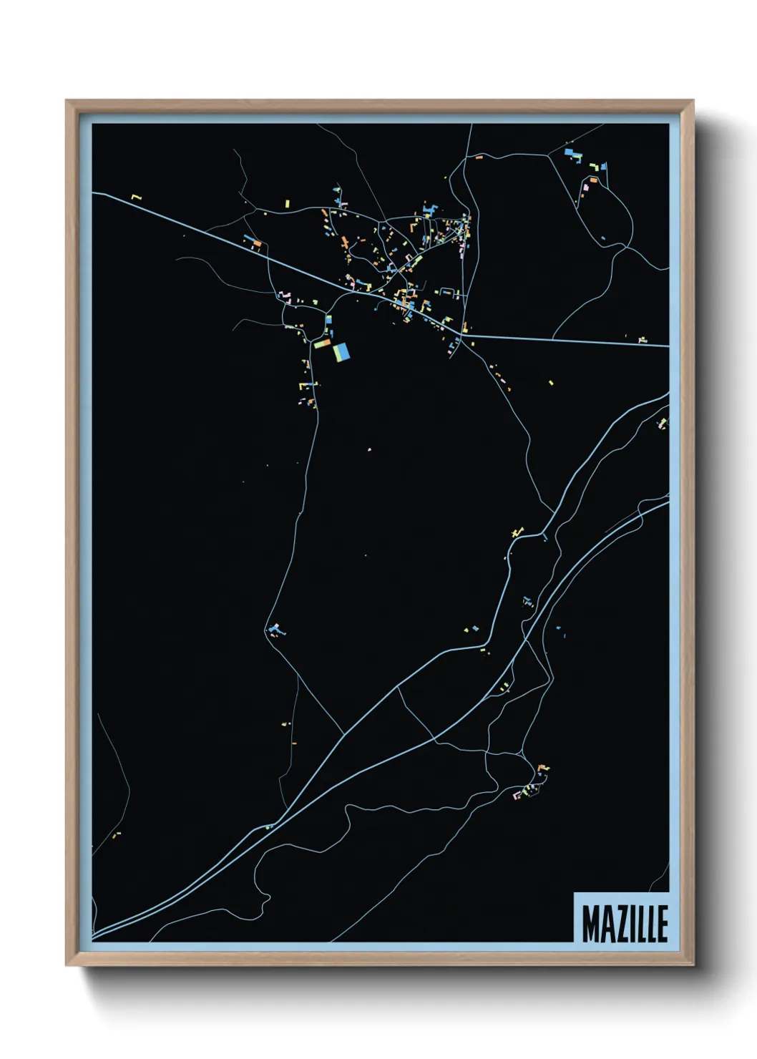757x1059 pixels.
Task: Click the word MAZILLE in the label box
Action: coord(624,924)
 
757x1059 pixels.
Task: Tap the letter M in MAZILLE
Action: coord(590,924)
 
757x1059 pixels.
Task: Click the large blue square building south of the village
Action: coord(342,351)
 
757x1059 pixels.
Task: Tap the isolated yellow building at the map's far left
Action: coord(136,197)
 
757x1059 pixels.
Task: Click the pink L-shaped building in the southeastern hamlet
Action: coord(517,795)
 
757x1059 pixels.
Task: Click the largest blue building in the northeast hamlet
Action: coord(570,152)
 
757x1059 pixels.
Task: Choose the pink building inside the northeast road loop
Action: coord(586,187)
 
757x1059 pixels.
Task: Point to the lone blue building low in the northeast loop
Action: coord(605,238)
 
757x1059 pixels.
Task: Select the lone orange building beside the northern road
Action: coord(479,157)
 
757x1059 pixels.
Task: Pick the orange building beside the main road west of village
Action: coord(256,243)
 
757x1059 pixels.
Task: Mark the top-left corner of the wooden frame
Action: coord(67,101)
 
